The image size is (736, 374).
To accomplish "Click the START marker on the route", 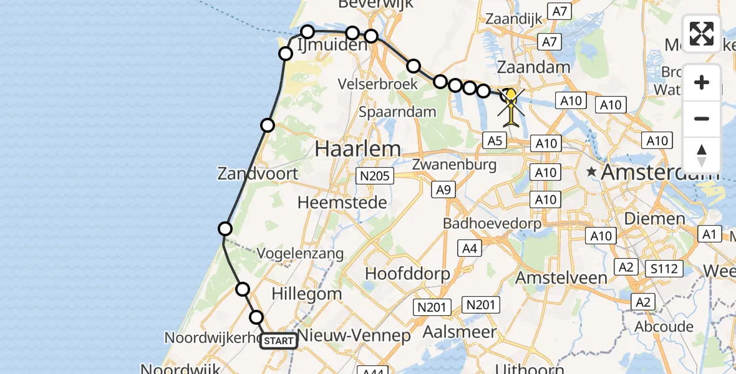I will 278,341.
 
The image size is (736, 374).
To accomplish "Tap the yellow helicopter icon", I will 511,106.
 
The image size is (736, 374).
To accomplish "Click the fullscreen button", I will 702,34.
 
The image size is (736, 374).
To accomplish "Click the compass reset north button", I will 702,155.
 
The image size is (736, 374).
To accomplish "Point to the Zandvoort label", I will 258,173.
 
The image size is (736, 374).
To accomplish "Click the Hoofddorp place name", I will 407,274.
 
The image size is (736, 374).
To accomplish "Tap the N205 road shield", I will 374,176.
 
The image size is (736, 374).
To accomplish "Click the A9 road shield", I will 442,189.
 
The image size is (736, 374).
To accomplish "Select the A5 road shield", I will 495,141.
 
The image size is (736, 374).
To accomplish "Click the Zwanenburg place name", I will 454,165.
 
